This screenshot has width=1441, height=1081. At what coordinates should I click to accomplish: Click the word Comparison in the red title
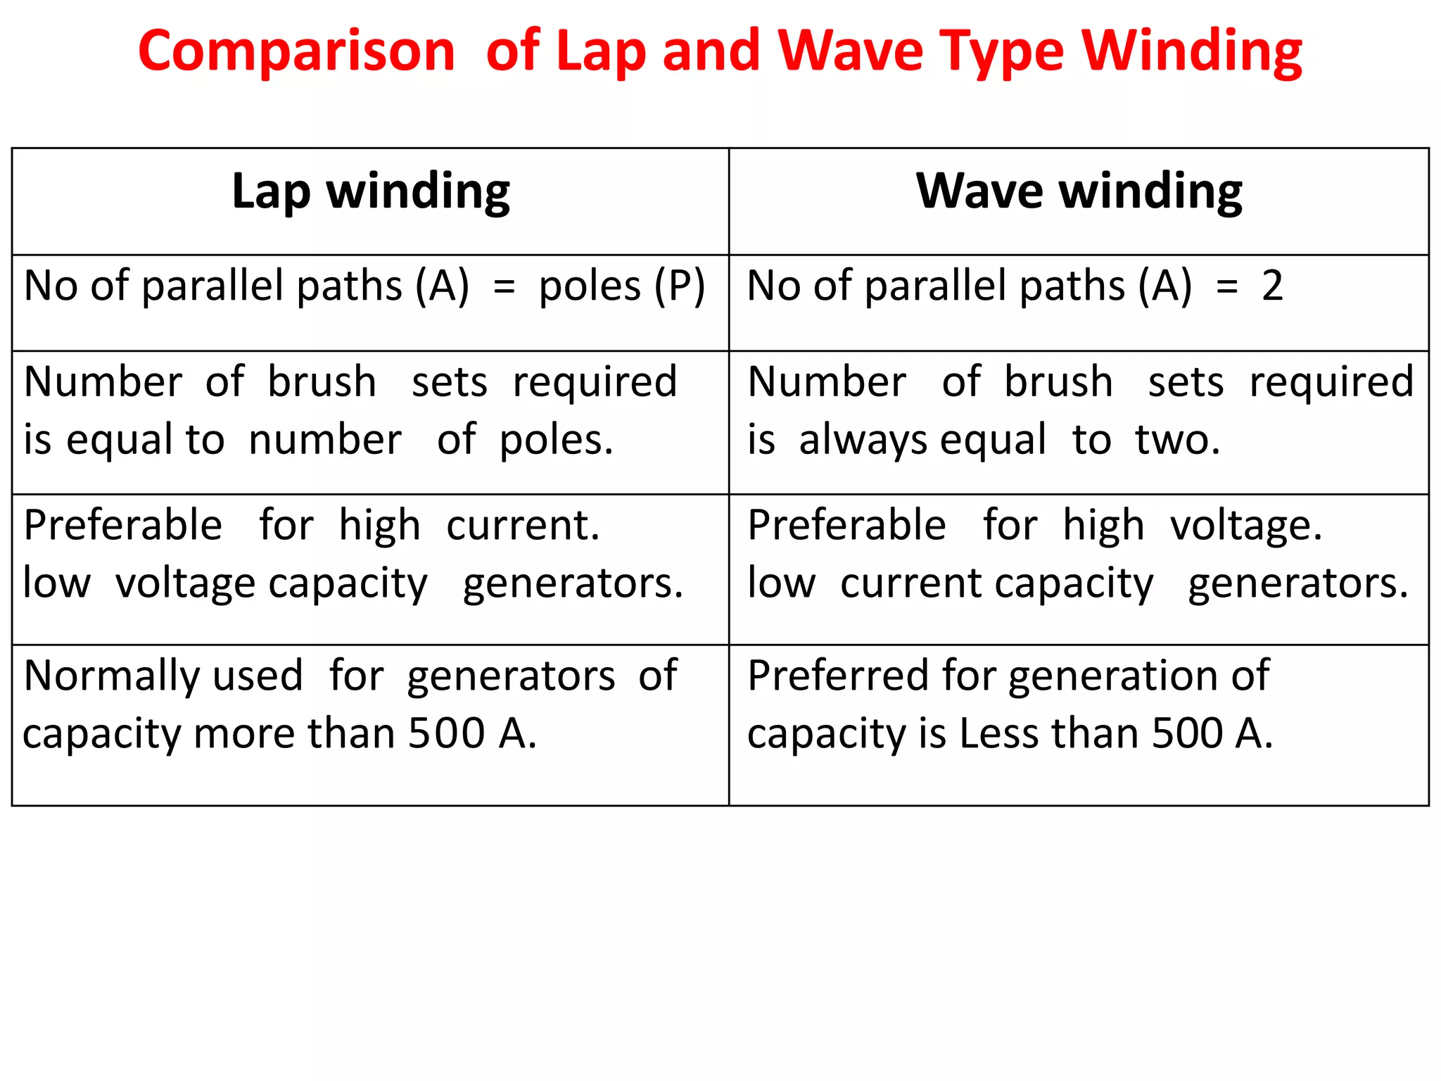296,52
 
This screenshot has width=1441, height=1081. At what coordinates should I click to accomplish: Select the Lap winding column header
370,191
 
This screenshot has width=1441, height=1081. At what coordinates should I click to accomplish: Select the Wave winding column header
1079,191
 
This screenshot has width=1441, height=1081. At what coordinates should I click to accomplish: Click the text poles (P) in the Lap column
621,286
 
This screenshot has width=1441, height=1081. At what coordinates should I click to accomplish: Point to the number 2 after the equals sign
1272,286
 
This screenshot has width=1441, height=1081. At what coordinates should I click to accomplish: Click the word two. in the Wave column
1177,440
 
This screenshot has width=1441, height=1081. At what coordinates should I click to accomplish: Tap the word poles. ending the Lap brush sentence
556,440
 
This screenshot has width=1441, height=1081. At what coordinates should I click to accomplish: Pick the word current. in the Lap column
523,525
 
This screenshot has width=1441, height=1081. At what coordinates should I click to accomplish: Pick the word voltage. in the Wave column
1246,525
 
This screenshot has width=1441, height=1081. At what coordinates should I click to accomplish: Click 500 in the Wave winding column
1188,733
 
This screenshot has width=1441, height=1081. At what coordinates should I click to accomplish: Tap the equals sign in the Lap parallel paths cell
504,287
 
